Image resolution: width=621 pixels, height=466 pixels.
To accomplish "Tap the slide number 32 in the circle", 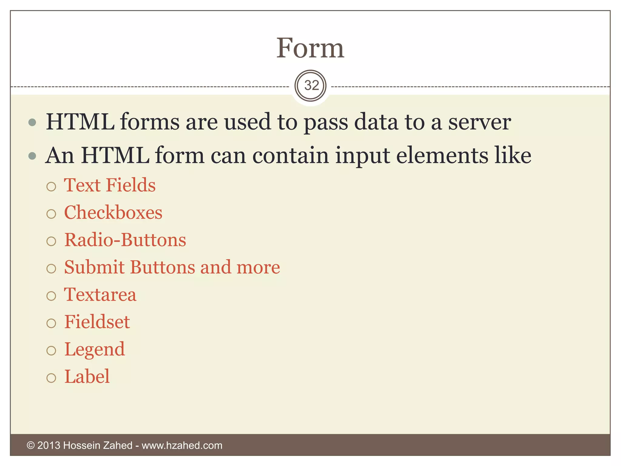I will pyautogui.click(x=311, y=86).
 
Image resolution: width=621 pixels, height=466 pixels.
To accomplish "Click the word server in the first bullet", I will pyautogui.click(x=479, y=122).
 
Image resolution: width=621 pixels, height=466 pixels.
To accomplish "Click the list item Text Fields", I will pyautogui.click(x=110, y=185).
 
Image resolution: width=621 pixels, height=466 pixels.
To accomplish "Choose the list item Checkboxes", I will pyautogui.click(x=113, y=212).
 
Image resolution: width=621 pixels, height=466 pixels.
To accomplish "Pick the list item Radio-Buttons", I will pyautogui.click(x=125, y=240).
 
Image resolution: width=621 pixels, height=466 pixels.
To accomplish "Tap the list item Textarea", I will pyautogui.click(x=100, y=295).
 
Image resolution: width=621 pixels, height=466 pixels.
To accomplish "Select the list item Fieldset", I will pyautogui.click(x=97, y=322).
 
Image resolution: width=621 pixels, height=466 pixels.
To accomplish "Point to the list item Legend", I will pyautogui.click(x=95, y=349).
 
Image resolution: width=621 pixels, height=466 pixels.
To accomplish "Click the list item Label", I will pyautogui.click(x=87, y=377).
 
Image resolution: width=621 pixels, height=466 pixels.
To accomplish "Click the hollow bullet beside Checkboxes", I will pyautogui.click(x=51, y=214).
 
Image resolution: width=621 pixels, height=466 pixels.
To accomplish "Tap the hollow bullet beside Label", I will pyautogui.click(x=51, y=378).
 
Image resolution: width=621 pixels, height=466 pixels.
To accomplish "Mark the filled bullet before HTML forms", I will pyautogui.click(x=32, y=123).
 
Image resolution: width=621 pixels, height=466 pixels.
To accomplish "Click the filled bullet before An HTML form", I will pyautogui.click(x=32, y=156).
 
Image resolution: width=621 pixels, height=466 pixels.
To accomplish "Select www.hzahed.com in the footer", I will pyautogui.click(x=182, y=445).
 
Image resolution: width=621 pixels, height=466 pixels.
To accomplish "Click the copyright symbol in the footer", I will pyautogui.click(x=31, y=445).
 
